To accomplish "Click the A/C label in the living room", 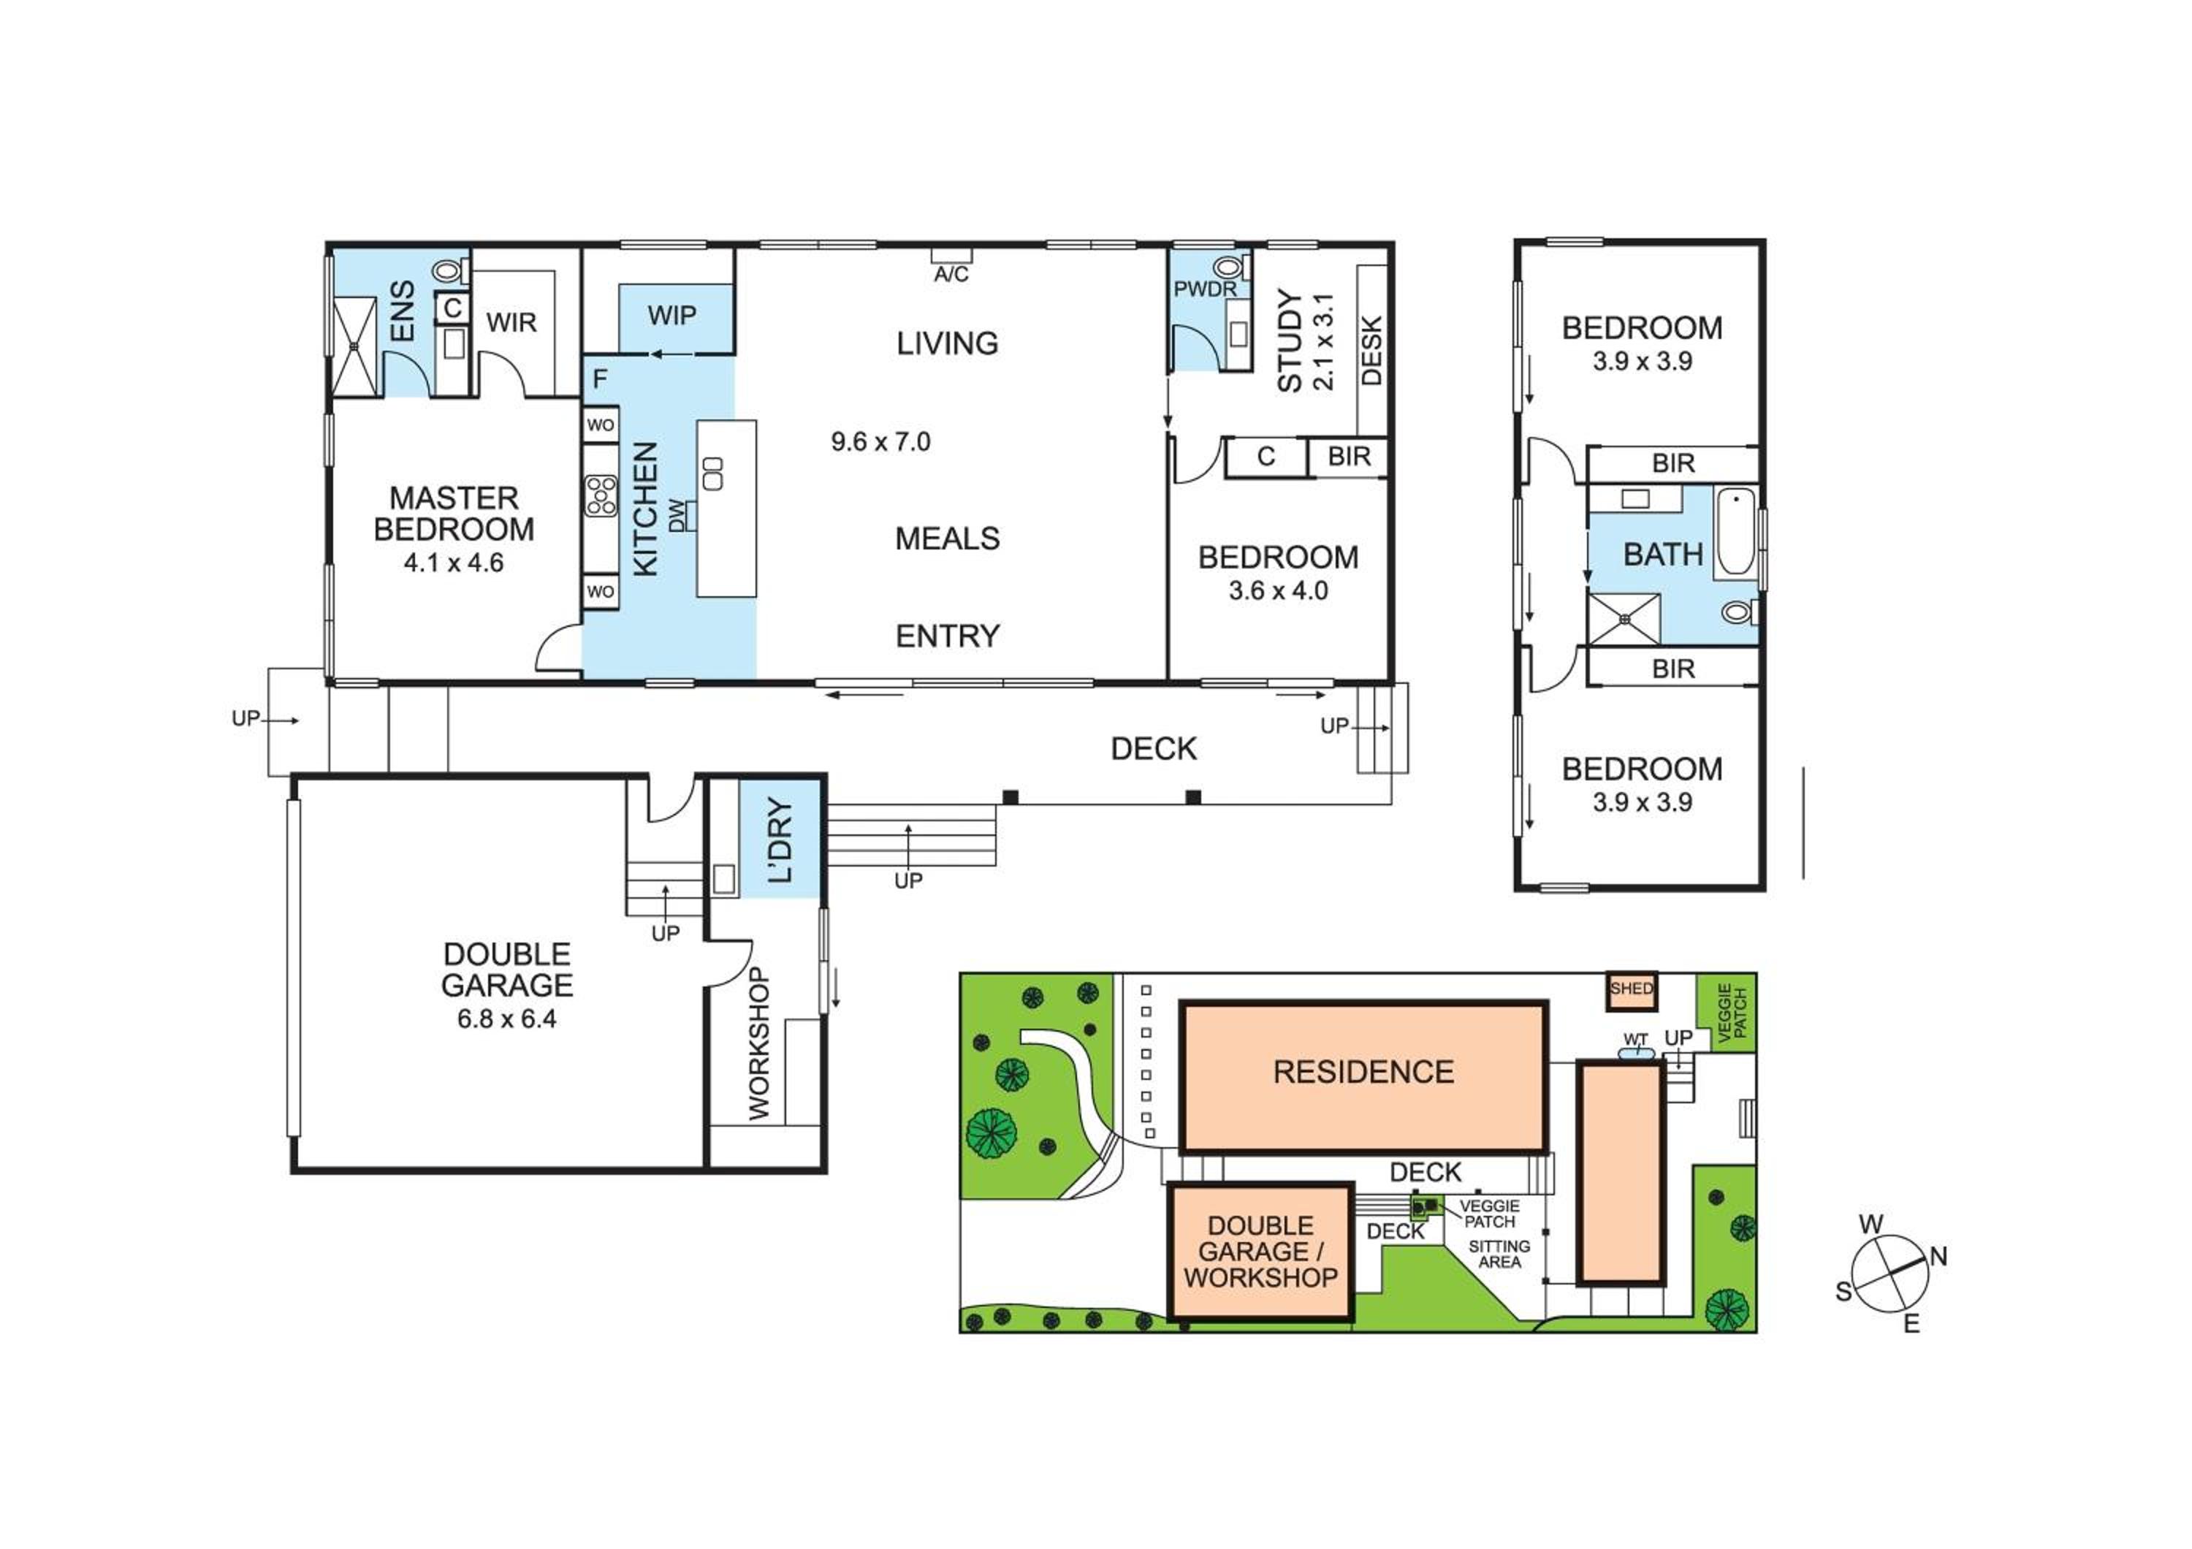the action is (x=951, y=275).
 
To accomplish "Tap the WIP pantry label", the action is (x=672, y=316).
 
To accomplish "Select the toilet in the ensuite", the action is (x=446, y=271).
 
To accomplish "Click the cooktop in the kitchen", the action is (x=601, y=496).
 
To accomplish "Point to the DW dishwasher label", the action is (x=677, y=515).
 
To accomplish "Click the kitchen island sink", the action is (x=712, y=473).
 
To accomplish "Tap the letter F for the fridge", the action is (x=600, y=379).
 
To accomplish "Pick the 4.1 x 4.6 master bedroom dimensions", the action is (x=454, y=563).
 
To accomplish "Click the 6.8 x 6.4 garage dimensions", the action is (x=507, y=1019).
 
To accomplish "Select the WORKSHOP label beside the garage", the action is (x=759, y=1044).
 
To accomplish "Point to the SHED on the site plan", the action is (x=1631, y=990).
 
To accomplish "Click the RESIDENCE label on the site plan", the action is (x=1363, y=1073).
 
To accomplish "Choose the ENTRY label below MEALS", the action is (x=948, y=636).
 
